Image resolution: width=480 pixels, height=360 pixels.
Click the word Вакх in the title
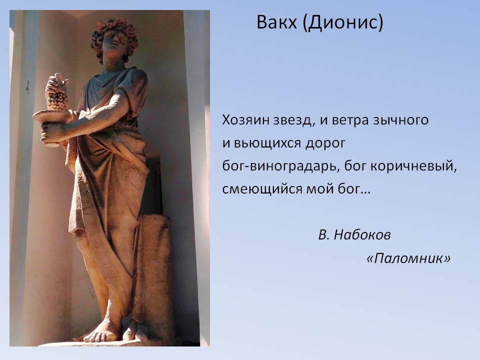[276, 22]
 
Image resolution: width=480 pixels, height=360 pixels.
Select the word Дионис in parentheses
[342, 23]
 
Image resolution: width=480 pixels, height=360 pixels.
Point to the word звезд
[291, 120]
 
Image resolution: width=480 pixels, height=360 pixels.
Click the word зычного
[400, 120]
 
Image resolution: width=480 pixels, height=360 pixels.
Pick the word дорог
[325, 143]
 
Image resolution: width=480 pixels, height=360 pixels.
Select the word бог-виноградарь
[279, 166]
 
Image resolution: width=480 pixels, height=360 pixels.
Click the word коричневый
[411, 166]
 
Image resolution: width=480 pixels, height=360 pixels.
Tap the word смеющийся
[262, 189]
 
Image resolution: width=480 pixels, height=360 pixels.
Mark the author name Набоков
[362, 235]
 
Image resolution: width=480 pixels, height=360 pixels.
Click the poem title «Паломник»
[408, 258]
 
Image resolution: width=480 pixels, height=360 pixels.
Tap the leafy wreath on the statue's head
[114, 32]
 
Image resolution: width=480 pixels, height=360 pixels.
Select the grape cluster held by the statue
[57, 92]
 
